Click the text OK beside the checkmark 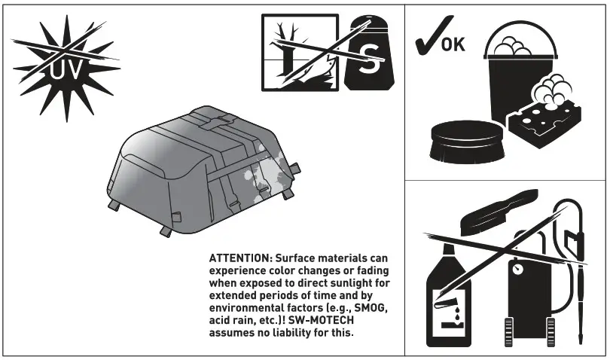pos(453,43)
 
